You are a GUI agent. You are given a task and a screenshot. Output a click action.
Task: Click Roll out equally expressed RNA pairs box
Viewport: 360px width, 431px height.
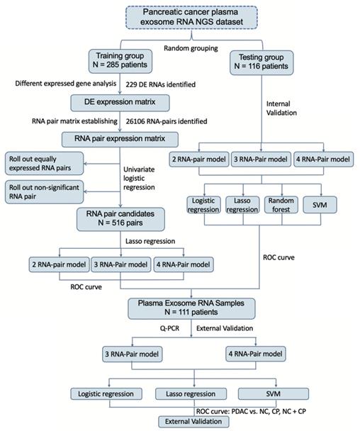[45, 163]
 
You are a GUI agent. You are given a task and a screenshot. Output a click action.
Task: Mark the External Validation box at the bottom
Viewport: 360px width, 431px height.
[194, 422]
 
